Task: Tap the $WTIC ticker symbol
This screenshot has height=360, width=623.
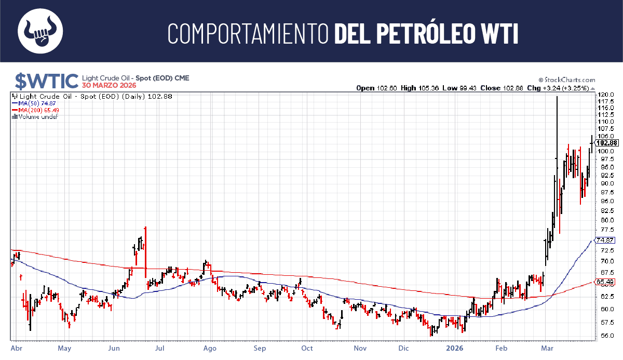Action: [x=46, y=81]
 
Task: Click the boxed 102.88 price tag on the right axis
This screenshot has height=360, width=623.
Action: [x=607, y=143]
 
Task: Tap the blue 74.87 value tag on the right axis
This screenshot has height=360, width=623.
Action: [x=605, y=241]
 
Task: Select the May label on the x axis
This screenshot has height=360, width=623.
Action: [x=64, y=348]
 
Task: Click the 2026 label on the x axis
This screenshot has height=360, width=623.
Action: [x=455, y=348]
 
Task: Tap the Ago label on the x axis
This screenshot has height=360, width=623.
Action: [x=210, y=348]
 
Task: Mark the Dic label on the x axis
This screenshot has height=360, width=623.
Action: [x=404, y=348]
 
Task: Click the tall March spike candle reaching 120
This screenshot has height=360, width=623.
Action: [x=557, y=156]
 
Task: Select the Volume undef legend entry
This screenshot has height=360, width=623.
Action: [x=36, y=117]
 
